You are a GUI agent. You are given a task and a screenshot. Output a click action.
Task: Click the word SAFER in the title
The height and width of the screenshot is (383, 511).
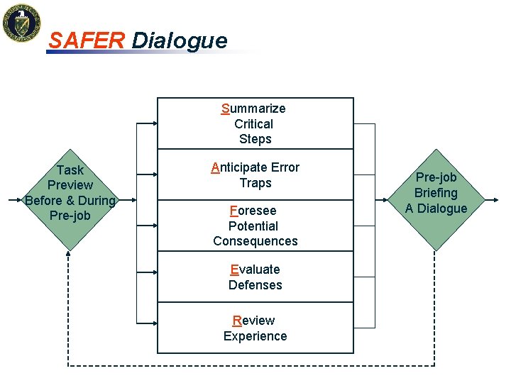87,40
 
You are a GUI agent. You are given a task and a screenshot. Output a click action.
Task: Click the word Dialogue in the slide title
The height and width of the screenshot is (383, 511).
180,40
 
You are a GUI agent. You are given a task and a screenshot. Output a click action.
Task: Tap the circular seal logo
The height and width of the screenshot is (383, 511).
21,23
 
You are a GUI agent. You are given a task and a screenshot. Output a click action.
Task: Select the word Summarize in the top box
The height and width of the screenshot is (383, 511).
253,109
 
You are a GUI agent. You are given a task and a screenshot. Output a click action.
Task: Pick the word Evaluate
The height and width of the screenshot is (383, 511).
255,270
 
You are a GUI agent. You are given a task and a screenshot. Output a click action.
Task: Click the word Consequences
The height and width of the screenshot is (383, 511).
255,241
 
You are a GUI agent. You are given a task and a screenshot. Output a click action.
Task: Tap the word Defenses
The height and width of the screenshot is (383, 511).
255,285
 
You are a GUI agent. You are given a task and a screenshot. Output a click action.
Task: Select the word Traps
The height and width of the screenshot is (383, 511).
255,183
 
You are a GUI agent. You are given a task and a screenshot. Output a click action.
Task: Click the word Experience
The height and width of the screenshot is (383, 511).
255,336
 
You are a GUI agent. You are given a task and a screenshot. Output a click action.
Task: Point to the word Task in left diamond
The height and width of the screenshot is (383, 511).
70,170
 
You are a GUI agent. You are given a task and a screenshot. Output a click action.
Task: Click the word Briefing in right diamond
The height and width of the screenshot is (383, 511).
436,193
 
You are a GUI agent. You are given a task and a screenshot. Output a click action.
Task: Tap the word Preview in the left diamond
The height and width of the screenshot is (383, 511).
70,185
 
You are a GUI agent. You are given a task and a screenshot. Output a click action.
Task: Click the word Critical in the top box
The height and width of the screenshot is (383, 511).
253,124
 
